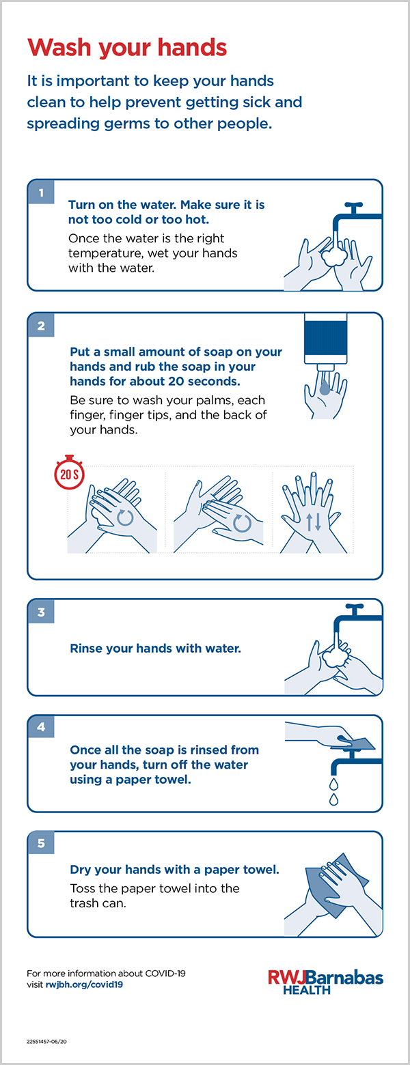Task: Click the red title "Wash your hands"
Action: (127, 48)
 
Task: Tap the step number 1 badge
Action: (41, 193)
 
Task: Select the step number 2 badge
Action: (41, 326)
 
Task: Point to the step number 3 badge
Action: (41, 612)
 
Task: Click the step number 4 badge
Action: (41, 727)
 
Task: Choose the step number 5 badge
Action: (41, 843)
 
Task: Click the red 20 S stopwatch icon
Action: (70, 472)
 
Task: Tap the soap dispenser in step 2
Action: (326, 341)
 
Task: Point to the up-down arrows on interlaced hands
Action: (314, 522)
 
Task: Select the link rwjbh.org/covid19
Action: (84, 984)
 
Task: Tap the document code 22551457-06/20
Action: (46, 1041)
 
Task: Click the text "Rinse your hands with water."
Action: (156, 649)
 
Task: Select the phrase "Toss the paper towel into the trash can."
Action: (154, 896)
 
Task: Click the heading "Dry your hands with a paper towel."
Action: (174, 870)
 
